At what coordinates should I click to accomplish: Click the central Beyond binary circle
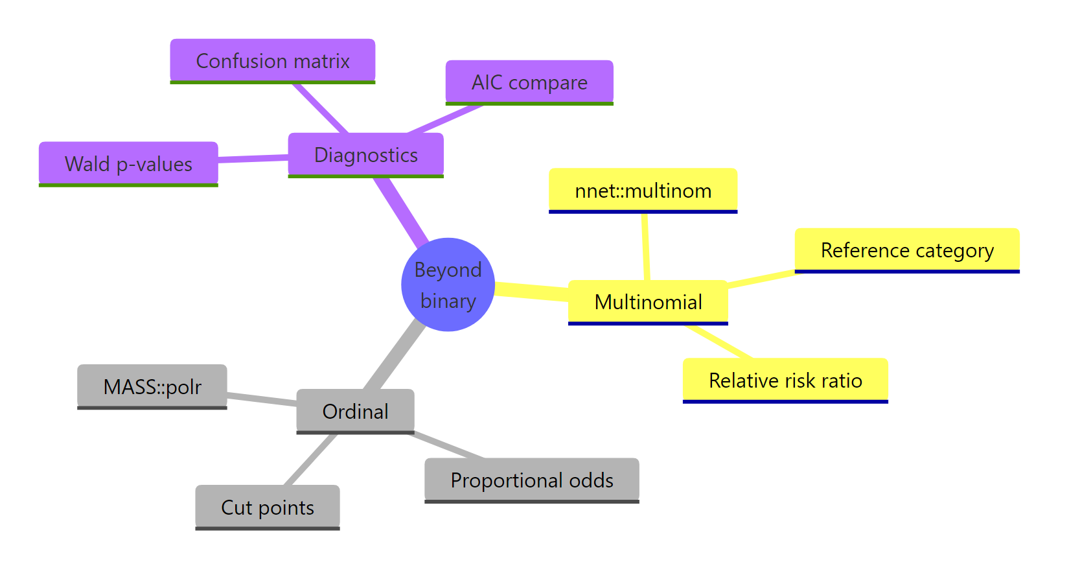(448, 285)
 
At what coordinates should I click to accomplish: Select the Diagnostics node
(365, 155)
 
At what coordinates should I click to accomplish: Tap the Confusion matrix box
(272, 61)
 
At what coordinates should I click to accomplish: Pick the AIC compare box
(529, 82)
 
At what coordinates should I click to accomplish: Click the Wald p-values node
(128, 164)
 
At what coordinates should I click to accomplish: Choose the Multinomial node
(648, 302)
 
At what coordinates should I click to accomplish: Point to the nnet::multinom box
(643, 191)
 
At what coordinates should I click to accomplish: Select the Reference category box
(906, 250)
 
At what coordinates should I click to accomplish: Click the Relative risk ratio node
(785, 380)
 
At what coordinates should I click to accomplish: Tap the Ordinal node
(355, 411)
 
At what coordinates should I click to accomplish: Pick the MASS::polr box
(152, 387)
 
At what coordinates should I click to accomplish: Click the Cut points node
(267, 507)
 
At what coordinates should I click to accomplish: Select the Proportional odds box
(531, 480)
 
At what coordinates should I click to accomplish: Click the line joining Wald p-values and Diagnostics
(253, 158)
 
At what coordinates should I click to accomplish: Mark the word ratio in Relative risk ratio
(843, 380)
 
